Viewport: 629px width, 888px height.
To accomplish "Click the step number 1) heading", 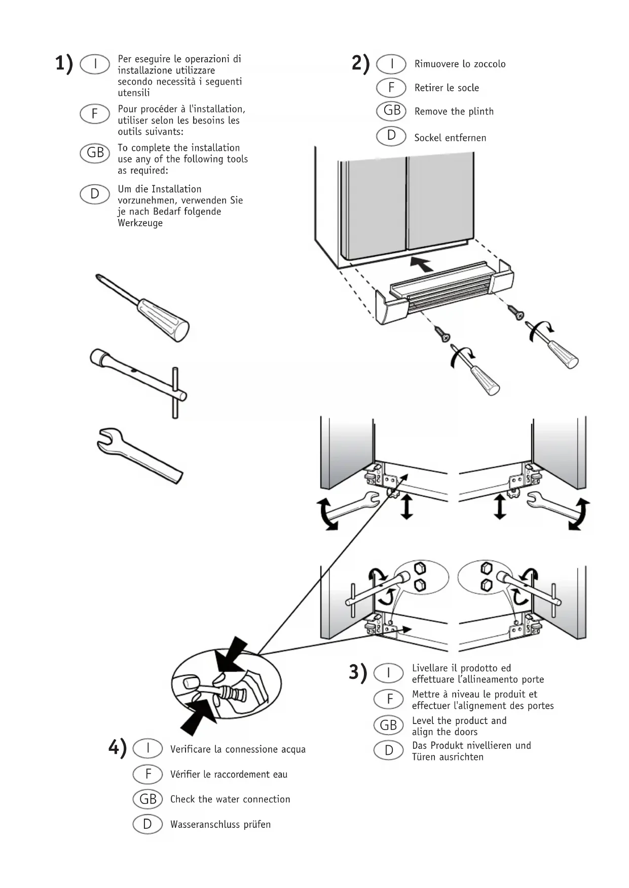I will (x=64, y=64).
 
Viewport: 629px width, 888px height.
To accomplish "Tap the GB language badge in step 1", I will (x=95, y=153).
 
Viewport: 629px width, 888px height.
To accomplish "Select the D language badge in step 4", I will (x=147, y=824).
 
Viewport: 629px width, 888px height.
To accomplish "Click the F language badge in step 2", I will (x=391, y=88).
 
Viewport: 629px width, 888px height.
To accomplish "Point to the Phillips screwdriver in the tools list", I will (x=143, y=308).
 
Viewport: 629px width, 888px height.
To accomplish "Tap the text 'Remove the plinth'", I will (x=454, y=111).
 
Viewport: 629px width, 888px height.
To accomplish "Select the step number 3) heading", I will (x=358, y=672).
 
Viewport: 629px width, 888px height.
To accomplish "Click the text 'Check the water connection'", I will (x=230, y=799).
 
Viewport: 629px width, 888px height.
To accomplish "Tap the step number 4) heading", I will (x=118, y=748).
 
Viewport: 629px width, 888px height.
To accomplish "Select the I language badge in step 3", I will (x=388, y=673).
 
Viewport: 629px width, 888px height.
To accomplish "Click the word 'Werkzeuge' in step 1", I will (x=140, y=223).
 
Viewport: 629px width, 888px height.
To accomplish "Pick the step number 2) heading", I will (x=361, y=64).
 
